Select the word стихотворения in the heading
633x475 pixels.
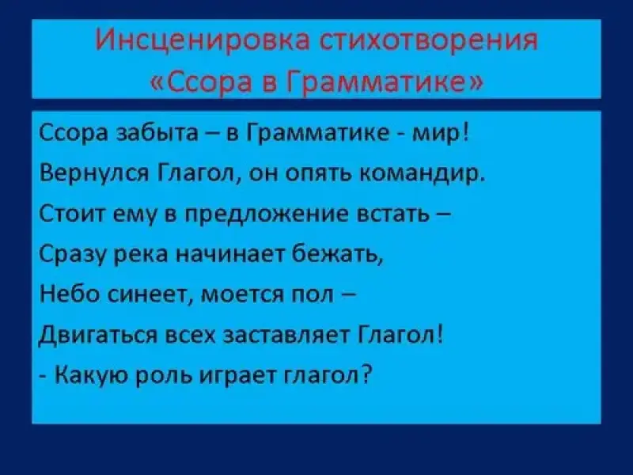pos(429,41)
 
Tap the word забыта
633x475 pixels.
pos(157,133)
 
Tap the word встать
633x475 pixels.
pos(393,215)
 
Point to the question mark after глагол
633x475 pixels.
pos(366,375)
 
